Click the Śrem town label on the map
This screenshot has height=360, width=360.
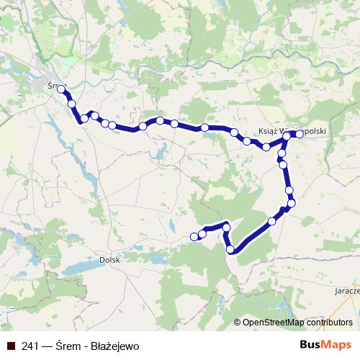48,84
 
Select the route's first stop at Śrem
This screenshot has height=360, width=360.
61,90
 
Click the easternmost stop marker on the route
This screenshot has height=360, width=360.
299,134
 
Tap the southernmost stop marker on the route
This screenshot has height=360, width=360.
231,250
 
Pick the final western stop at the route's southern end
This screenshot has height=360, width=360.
194,236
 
